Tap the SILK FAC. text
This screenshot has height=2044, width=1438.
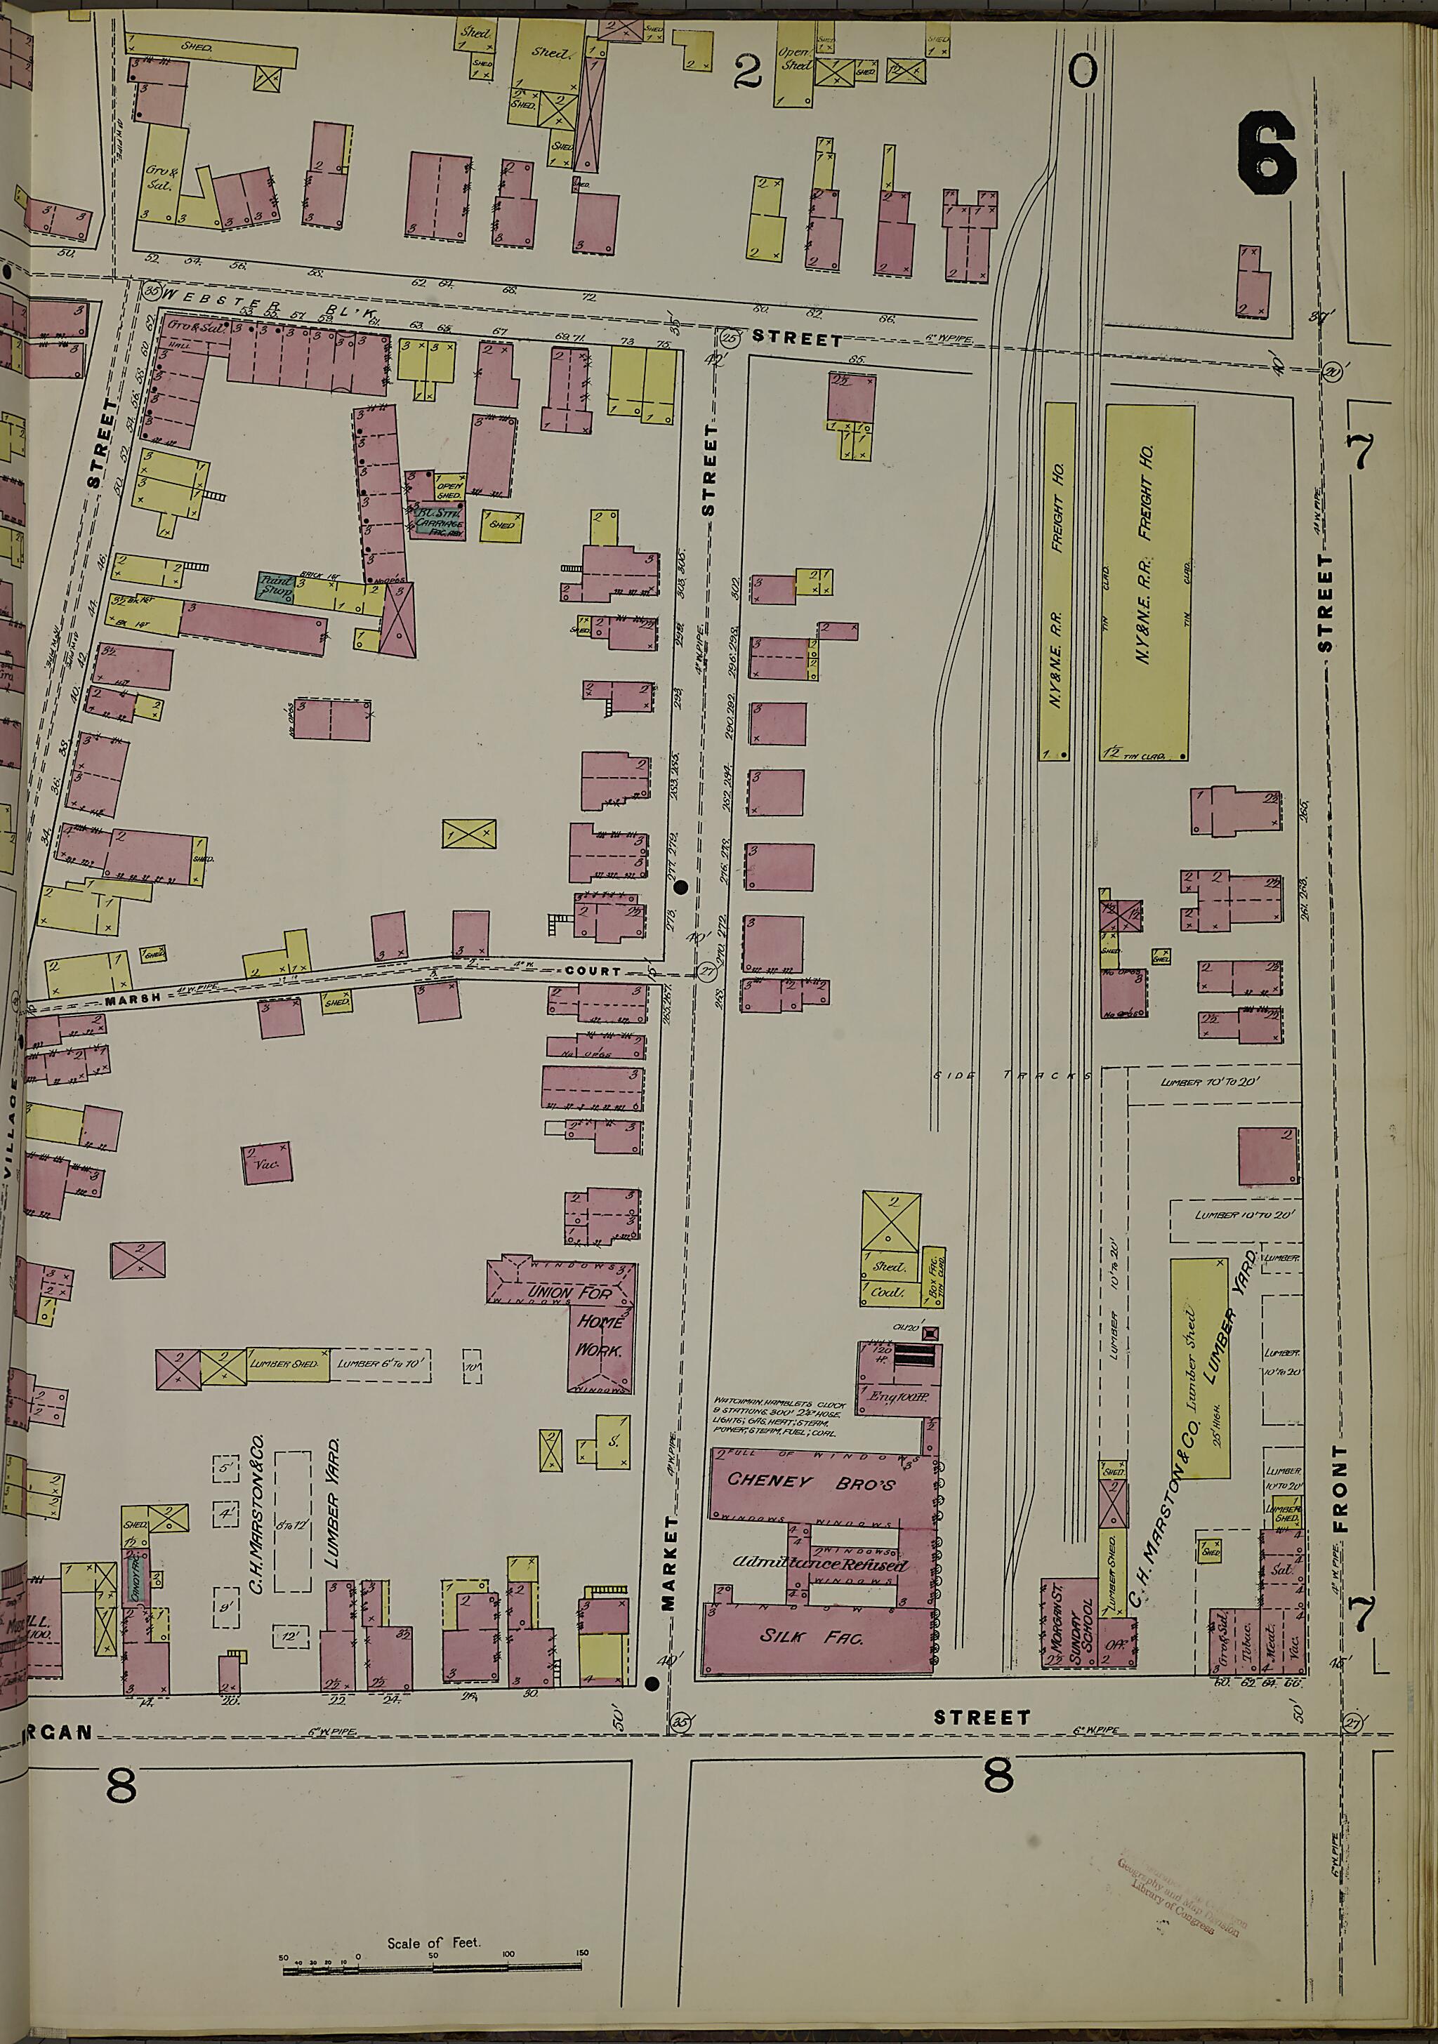811,1636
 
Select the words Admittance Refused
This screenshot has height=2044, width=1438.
819,1564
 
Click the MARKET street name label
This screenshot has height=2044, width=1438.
670,1563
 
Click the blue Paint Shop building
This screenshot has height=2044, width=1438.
276,587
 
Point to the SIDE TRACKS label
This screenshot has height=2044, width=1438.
1013,1075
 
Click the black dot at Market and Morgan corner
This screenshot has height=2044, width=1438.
652,1683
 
